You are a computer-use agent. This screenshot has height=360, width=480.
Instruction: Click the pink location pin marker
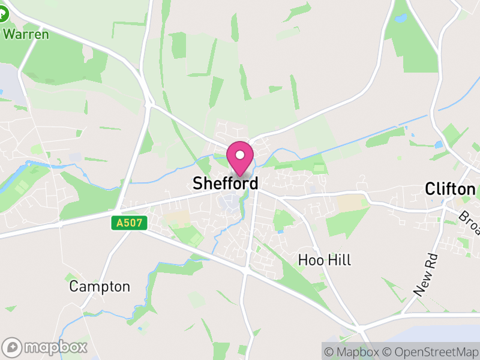tap(240, 158)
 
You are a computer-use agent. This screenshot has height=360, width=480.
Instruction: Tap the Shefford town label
tap(226, 184)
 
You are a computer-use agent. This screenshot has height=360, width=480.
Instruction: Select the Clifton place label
tap(450, 190)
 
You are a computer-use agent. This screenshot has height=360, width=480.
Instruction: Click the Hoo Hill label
tap(325, 260)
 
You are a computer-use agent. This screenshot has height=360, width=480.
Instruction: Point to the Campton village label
tap(100, 286)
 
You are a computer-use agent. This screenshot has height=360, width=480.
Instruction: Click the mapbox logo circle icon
tap(12, 347)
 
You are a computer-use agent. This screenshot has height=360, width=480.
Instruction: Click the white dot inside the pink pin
tap(240, 155)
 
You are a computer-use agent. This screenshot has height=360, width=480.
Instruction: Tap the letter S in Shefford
tap(197, 184)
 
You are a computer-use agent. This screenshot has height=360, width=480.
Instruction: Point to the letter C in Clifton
tap(430, 190)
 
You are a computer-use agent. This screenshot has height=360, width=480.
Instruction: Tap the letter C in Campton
tap(74, 286)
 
